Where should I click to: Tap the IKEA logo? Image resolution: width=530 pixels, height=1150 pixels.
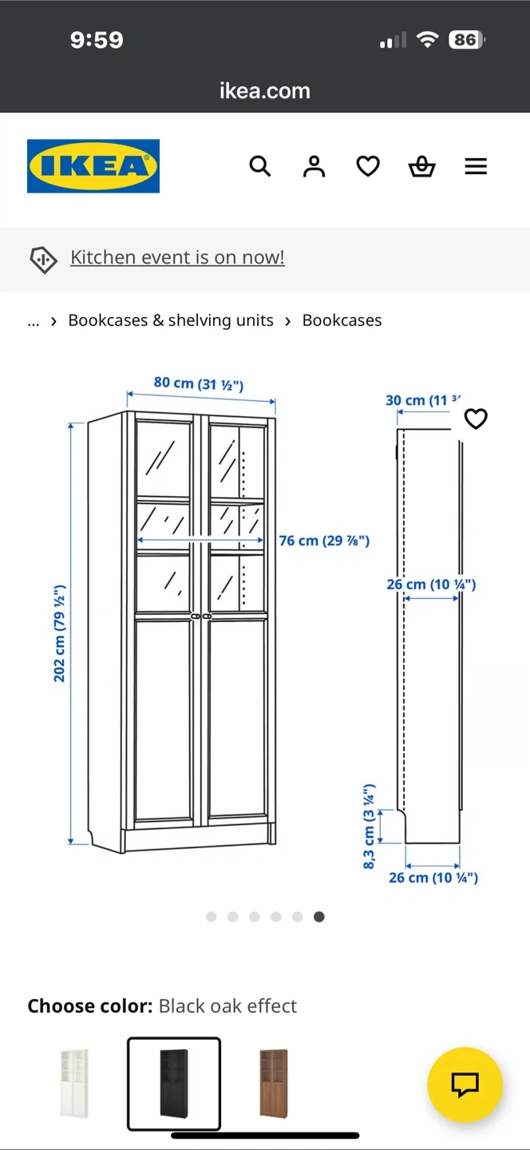coord(93,166)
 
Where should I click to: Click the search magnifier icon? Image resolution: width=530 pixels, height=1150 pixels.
coord(260,166)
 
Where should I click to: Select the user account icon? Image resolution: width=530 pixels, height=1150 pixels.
coord(314,166)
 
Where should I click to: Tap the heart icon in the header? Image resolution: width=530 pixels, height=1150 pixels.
coord(368,166)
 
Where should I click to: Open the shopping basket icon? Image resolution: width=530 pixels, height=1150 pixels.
coord(421,166)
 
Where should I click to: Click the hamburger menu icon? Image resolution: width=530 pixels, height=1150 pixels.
coord(476,166)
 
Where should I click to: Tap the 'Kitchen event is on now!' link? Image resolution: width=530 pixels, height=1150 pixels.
coord(177,257)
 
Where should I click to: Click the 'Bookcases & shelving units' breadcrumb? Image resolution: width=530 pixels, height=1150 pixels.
coord(171,320)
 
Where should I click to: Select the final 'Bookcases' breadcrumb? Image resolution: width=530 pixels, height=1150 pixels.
coord(342,320)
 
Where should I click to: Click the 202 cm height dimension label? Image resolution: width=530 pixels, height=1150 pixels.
coord(60,633)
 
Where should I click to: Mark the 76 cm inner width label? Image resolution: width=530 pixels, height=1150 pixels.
coord(324,541)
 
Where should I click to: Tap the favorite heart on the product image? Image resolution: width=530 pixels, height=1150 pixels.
coord(476,418)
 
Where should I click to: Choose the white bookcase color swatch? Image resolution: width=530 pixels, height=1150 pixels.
coord(74,1083)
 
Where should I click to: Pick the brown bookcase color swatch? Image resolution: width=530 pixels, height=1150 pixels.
coord(274,1083)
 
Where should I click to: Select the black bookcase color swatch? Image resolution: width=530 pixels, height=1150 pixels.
coord(174,1083)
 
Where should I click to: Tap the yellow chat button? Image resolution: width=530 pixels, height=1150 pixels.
coord(465,1085)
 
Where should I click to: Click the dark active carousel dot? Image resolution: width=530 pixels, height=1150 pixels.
coord(319,917)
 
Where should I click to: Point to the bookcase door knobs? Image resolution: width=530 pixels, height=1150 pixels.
coord(200,616)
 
